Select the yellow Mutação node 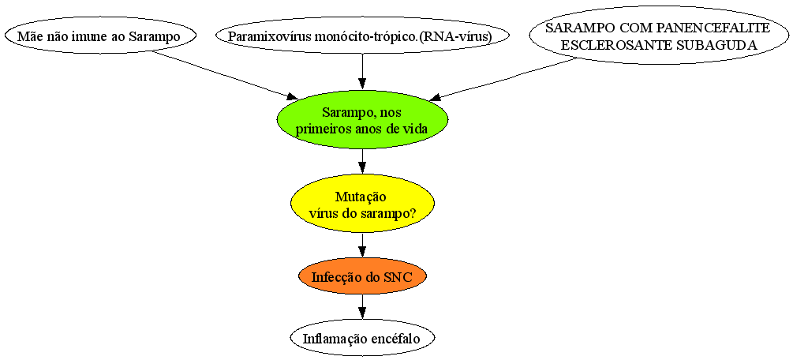[362, 204]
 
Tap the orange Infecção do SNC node [362, 277]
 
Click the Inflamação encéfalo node [362, 338]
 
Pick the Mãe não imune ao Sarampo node [99, 36]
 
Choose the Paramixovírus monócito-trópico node [362, 36]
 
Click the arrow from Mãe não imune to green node [226, 77]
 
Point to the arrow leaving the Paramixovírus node [362, 72]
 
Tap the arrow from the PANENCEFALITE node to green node [504, 78]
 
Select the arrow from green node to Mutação [362, 162]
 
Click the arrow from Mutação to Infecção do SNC [362, 246]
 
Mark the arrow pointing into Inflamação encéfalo [362, 307]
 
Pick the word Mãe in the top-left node [28, 36]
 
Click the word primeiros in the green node [320, 129]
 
